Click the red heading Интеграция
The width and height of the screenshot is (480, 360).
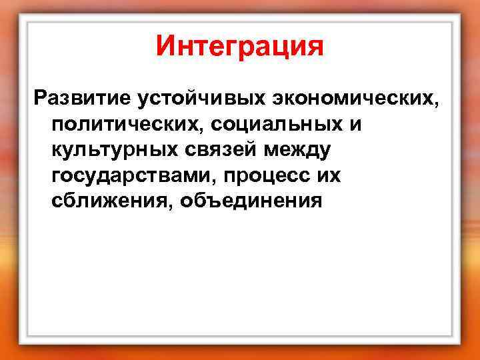(239, 47)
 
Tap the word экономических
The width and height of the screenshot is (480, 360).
(352, 99)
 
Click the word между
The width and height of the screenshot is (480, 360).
(298, 151)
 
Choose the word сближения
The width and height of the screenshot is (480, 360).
(104, 201)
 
